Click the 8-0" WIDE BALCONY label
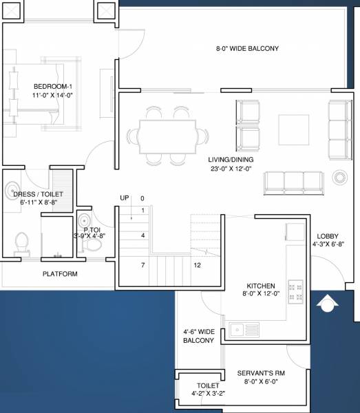click(x=247, y=49)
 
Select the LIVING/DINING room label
click(x=231, y=159)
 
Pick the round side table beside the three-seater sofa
click(x=339, y=178)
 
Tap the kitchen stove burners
click(x=296, y=290)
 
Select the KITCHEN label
click(x=261, y=286)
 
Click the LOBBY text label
click(x=326, y=235)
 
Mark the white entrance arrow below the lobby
click(x=327, y=301)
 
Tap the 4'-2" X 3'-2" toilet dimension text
click(x=208, y=394)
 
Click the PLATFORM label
click(x=60, y=274)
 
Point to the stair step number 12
click(x=197, y=265)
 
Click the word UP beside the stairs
click(x=125, y=198)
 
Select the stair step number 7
click(x=142, y=265)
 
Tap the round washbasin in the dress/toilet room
click(x=12, y=189)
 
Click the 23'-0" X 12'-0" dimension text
click(x=231, y=169)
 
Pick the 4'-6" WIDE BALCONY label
click(x=200, y=337)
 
